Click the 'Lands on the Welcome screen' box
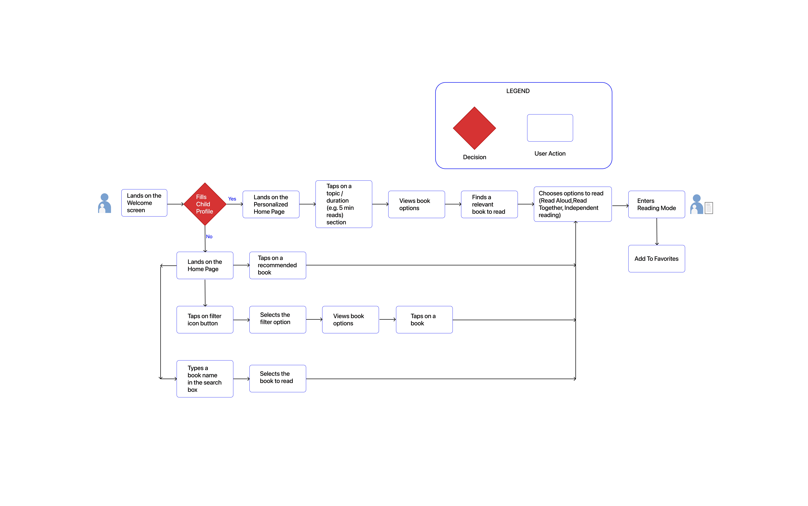[x=144, y=203]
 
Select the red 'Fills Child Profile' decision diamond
[x=205, y=204]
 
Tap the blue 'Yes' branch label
[x=232, y=199]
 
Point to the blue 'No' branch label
[x=209, y=237]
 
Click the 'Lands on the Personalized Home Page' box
[x=271, y=205]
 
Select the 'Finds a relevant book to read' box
[x=489, y=205]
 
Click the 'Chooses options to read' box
[x=572, y=204]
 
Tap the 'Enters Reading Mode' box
[x=656, y=205]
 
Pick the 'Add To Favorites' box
[x=656, y=259]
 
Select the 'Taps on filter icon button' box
[x=205, y=320]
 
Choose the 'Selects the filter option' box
[x=277, y=320]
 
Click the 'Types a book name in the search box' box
[x=205, y=379]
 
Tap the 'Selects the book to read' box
[x=277, y=379]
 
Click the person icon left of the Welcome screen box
[x=104, y=203]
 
